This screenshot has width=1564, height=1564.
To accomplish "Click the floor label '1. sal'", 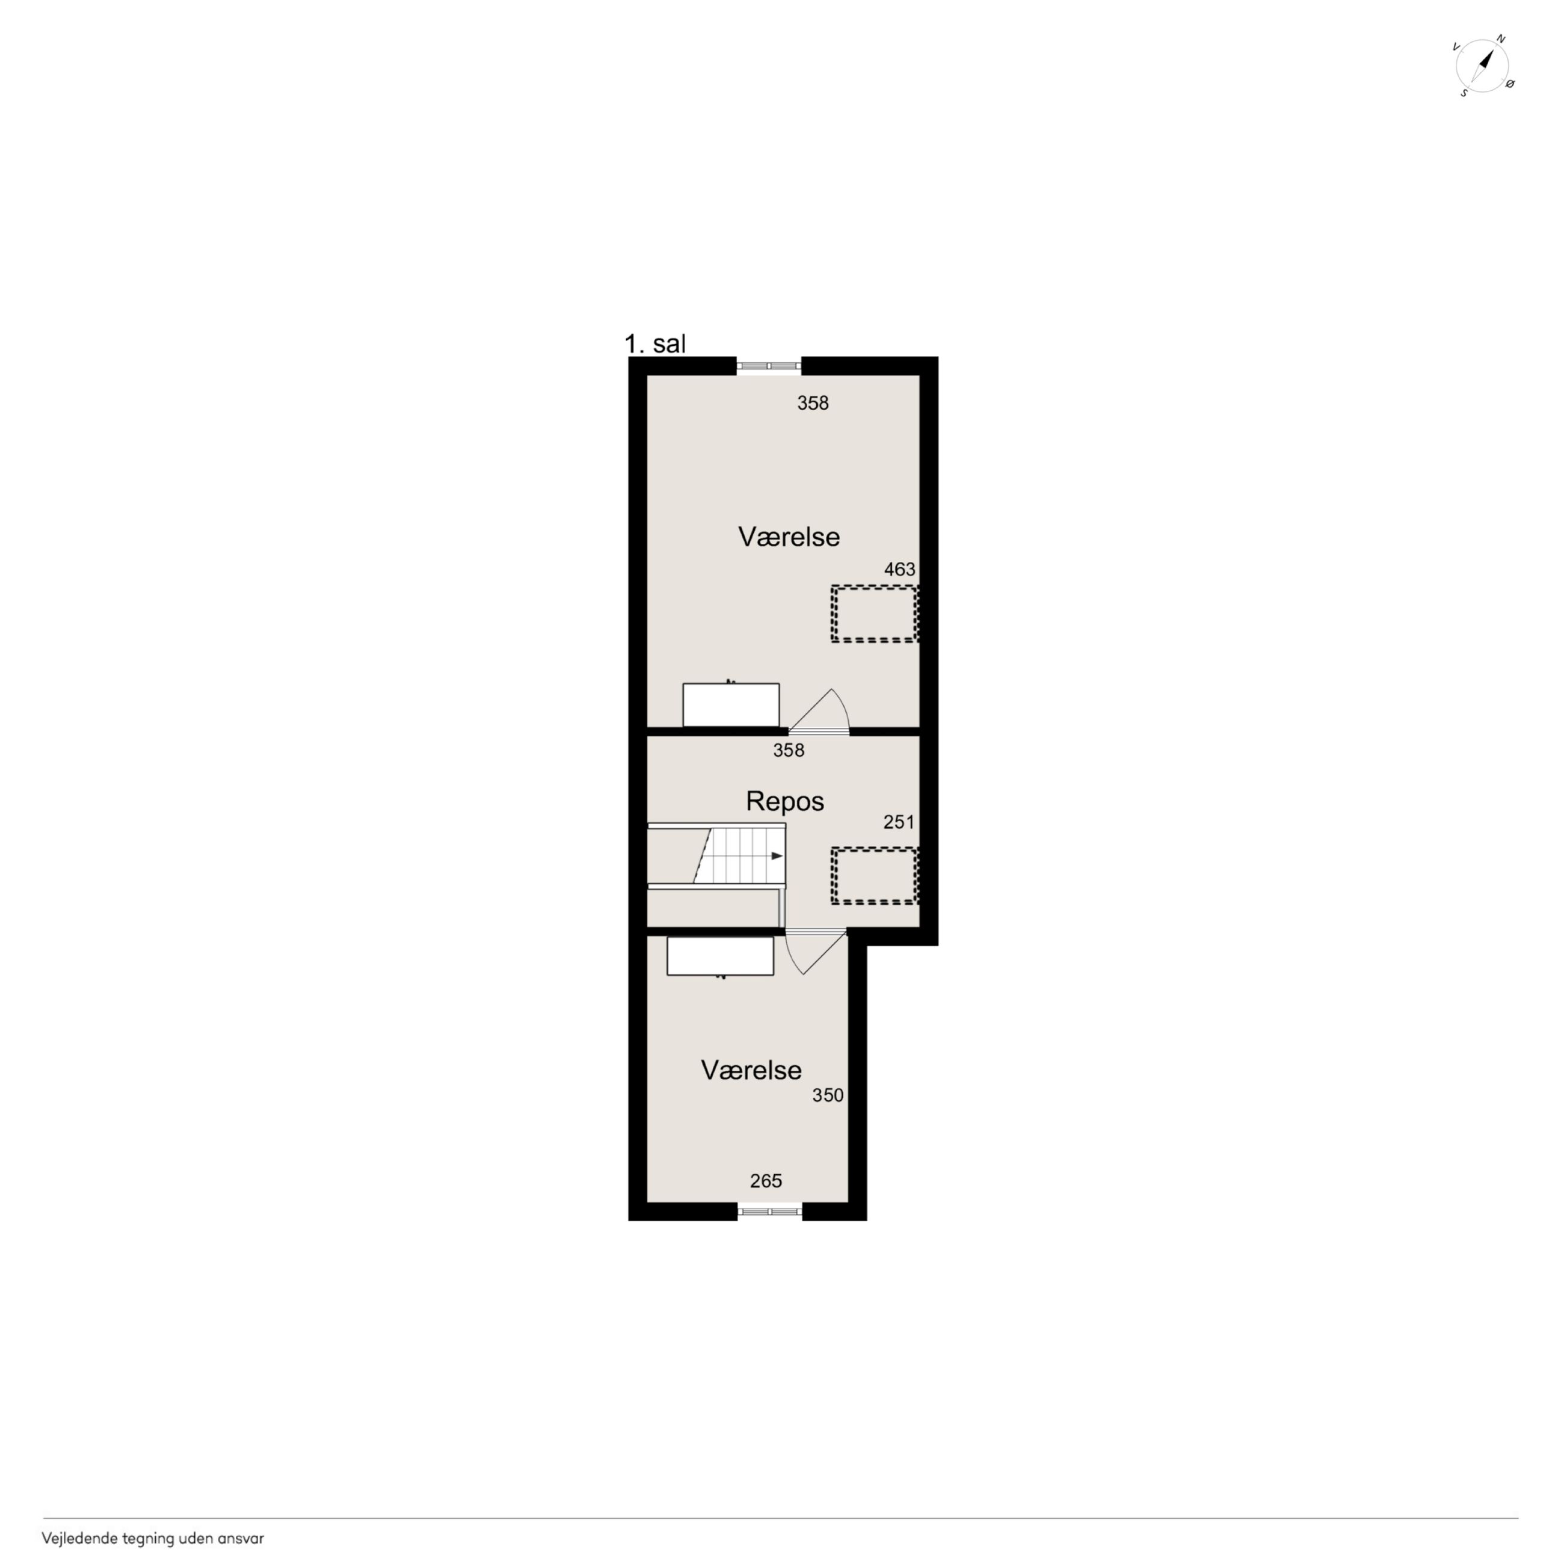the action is tap(655, 343).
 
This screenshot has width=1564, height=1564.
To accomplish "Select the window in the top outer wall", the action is tap(769, 366).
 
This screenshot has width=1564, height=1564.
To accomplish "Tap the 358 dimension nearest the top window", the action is tap(813, 403).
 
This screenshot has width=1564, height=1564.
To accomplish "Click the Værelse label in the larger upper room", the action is tap(789, 537).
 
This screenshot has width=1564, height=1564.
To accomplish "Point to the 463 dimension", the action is tap(899, 569).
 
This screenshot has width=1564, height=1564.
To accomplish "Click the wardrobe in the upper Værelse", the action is tap(731, 705).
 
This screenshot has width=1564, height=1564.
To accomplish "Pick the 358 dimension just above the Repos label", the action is tap(789, 751).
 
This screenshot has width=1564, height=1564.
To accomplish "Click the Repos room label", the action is tap(784, 801).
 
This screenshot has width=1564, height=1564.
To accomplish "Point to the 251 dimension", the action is tap(899, 822).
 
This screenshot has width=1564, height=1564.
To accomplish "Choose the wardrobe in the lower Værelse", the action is tap(721, 955).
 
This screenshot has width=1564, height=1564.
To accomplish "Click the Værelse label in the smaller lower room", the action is tap(751, 1070).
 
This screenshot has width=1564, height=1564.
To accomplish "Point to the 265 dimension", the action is tap(766, 1181).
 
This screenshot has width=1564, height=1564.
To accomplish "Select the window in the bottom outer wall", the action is tap(769, 1212).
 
